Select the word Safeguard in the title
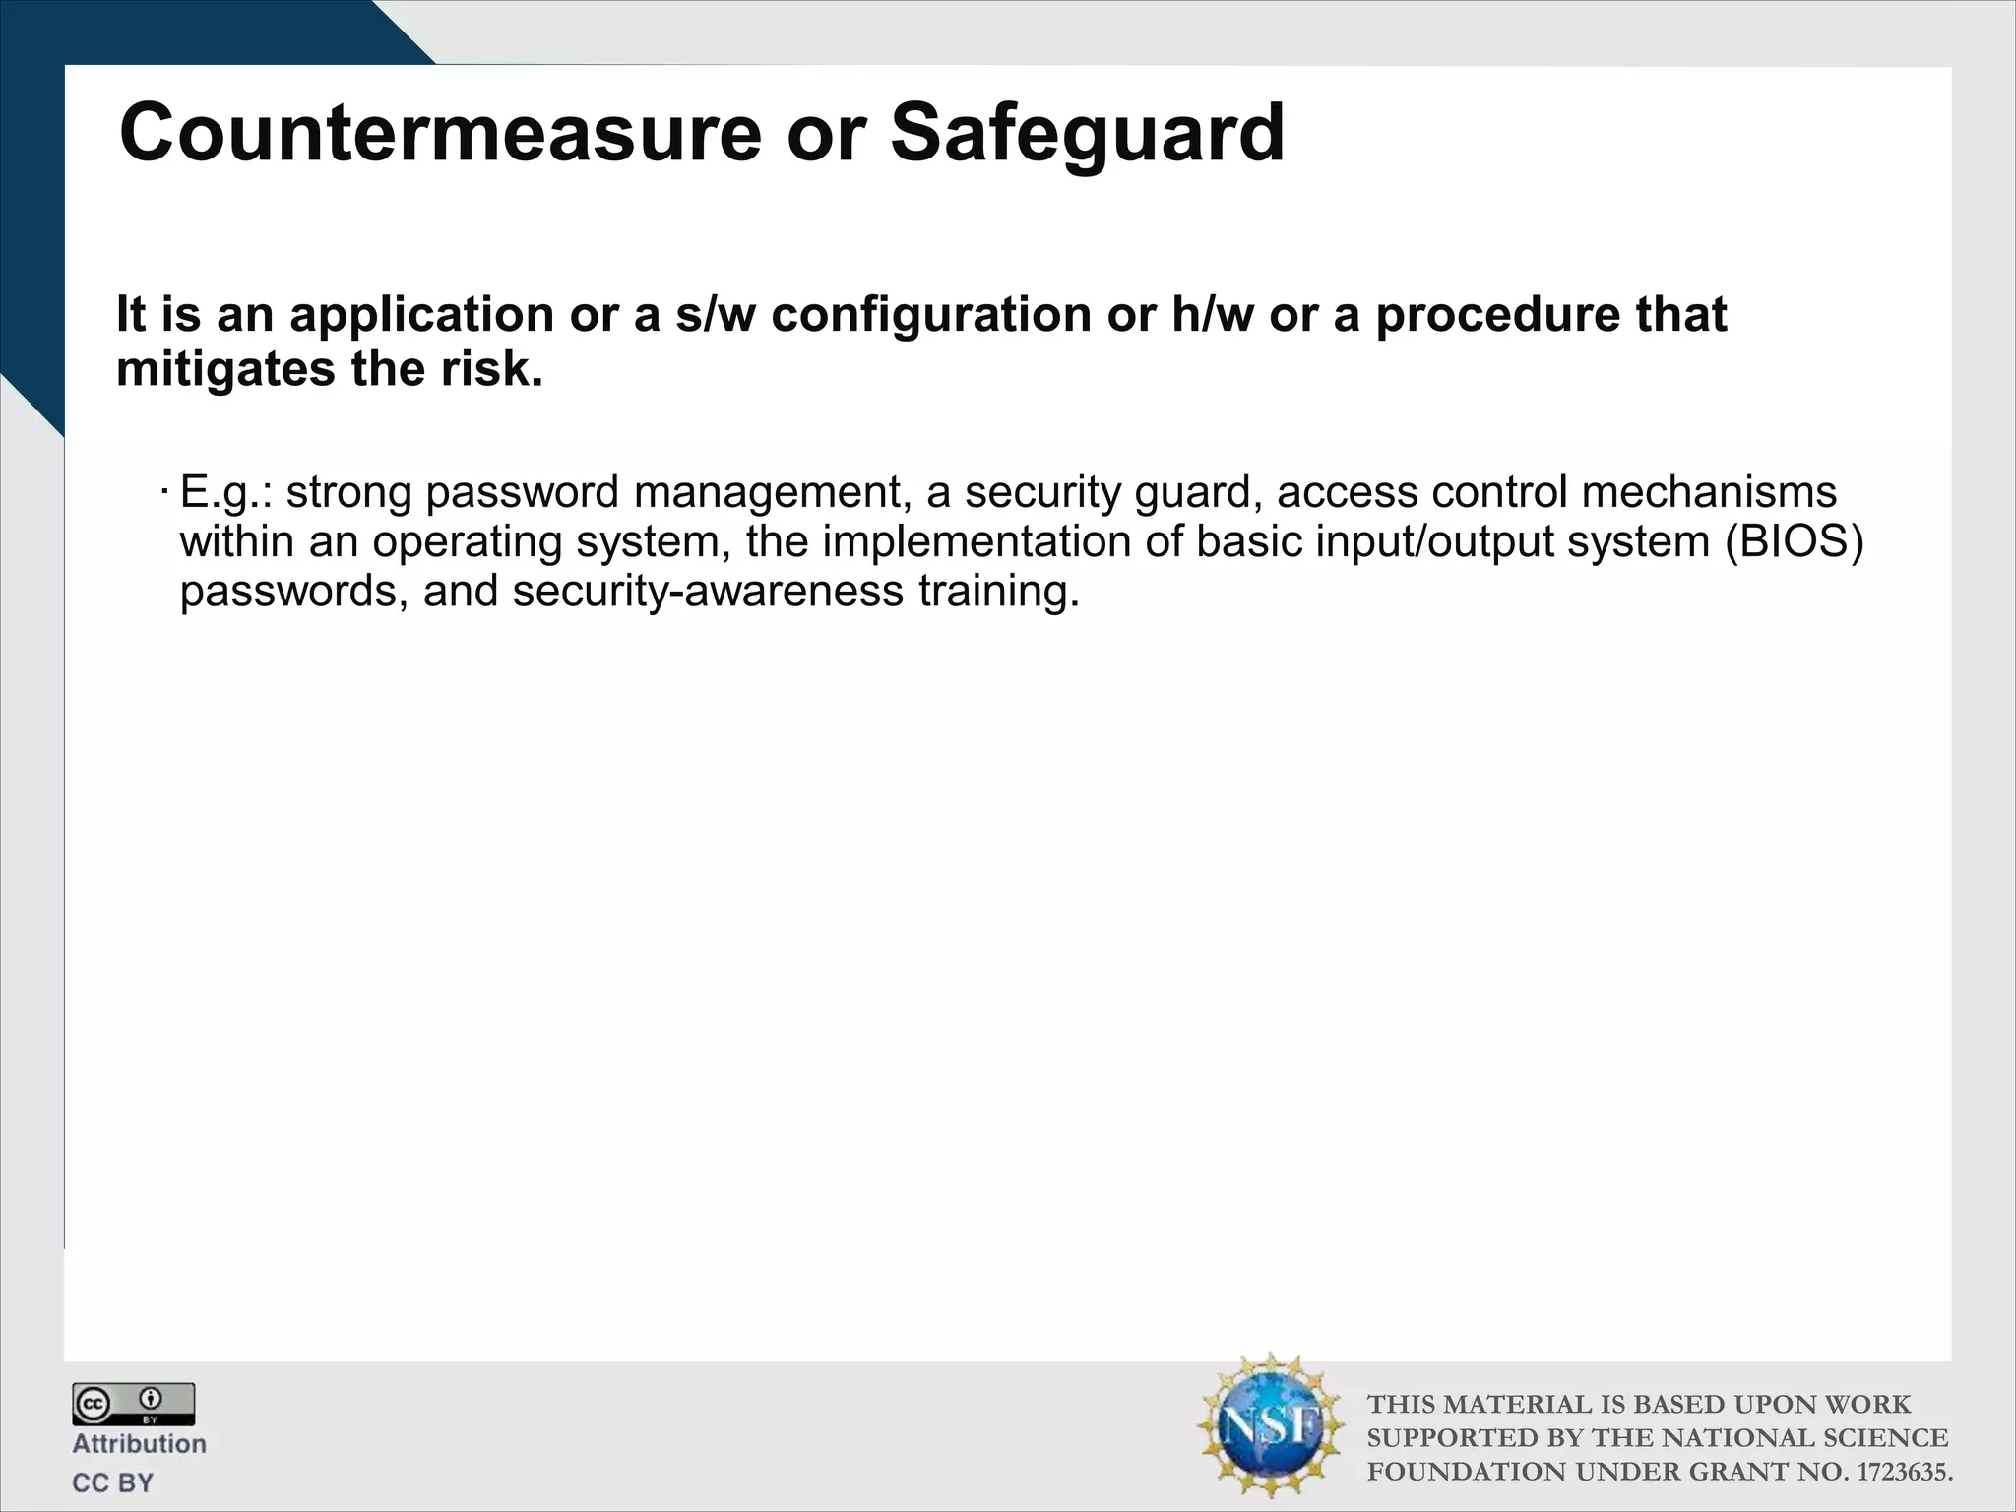coord(1087,136)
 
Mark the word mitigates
coord(226,369)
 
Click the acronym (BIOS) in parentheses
coord(1794,542)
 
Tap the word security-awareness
coord(708,592)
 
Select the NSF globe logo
coord(1271,1425)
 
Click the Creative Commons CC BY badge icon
coord(133,1404)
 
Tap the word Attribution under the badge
coord(139,1444)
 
